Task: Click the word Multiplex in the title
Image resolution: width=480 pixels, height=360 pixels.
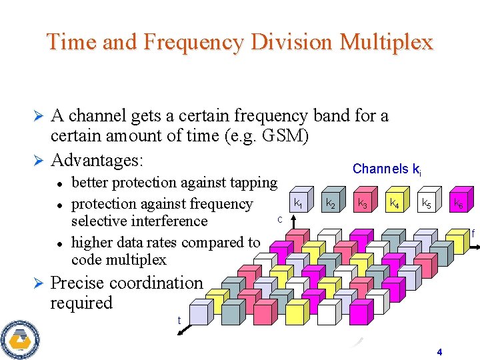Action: pyautogui.click(x=386, y=42)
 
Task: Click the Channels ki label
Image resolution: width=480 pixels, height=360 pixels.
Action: pyautogui.click(x=386, y=169)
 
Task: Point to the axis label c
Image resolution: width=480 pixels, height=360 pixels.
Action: pyautogui.click(x=280, y=219)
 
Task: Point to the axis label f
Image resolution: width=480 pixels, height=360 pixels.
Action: pyautogui.click(x=473, y=233)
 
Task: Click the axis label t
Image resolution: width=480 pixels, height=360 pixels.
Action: pyautogui.click(x=179, y=321)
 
